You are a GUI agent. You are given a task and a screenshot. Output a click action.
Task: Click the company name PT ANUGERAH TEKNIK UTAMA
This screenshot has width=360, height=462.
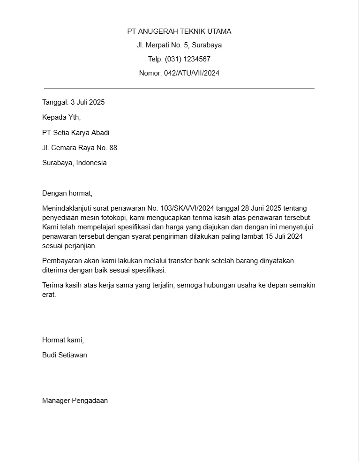pos(179,31)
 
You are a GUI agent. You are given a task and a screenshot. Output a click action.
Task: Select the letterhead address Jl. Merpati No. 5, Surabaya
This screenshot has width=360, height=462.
pos(179,45)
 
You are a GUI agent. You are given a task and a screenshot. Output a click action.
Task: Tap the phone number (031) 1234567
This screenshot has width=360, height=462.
pos(187,59)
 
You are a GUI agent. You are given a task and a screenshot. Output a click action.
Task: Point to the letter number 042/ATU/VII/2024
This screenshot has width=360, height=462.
pos(192,73)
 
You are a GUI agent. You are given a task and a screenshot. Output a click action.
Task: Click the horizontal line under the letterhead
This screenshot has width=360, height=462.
pos(179,88)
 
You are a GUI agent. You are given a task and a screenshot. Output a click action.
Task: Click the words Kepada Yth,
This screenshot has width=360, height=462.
pos(61,117)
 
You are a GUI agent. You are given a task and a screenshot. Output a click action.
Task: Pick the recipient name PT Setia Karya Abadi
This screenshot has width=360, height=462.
pos(75,133)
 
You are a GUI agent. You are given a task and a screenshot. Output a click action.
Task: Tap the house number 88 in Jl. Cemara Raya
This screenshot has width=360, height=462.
pos(113,148)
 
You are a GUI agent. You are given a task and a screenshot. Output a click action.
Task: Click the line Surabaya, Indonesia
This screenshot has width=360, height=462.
pos(74,163)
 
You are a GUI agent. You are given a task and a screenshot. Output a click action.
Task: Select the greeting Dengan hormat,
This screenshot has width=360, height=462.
pos(67,193)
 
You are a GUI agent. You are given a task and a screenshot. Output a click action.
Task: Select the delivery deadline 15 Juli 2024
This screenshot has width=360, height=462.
pos(284,236)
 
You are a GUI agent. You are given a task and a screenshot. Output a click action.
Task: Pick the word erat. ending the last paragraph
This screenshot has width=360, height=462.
pos(49,295)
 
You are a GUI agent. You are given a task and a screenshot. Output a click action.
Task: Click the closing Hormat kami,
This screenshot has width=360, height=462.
pos(63,340)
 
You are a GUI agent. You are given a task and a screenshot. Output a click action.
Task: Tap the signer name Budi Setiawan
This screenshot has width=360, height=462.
pos(65,355)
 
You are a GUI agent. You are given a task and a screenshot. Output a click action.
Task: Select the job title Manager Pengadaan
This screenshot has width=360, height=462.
pos(75,401)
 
